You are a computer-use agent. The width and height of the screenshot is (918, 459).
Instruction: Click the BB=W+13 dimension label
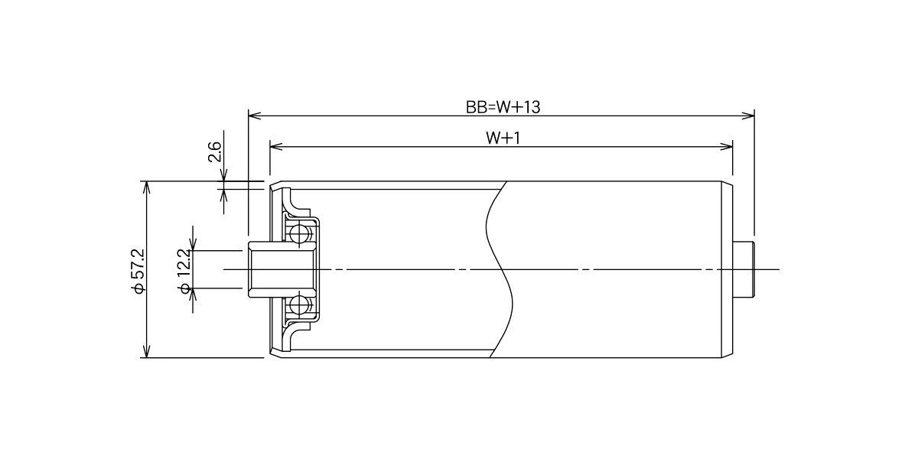(x=503, y=107)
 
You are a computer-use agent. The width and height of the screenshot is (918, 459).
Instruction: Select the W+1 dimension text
(x=503, y=138)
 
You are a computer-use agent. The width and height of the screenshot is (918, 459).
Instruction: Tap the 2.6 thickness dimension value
(x=215, y=151)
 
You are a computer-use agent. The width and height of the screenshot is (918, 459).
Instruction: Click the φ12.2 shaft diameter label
(x=184, y=272)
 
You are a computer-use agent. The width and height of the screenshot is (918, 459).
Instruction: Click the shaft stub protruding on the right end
(x=744, y=269)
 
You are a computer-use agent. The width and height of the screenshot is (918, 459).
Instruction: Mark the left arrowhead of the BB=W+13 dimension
(x=254, y=116)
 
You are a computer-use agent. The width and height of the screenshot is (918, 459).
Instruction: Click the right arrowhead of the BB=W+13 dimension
(x=748, y=116)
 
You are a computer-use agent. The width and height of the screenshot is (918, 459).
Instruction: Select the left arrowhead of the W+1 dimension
(x=276, y=146)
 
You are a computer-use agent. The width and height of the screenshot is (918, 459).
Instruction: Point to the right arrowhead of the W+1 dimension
(x=727, y=146)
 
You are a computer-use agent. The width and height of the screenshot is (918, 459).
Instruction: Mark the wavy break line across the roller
(x=499, y=269)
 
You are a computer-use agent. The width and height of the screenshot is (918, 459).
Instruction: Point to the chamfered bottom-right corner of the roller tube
(x=727, y=355)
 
